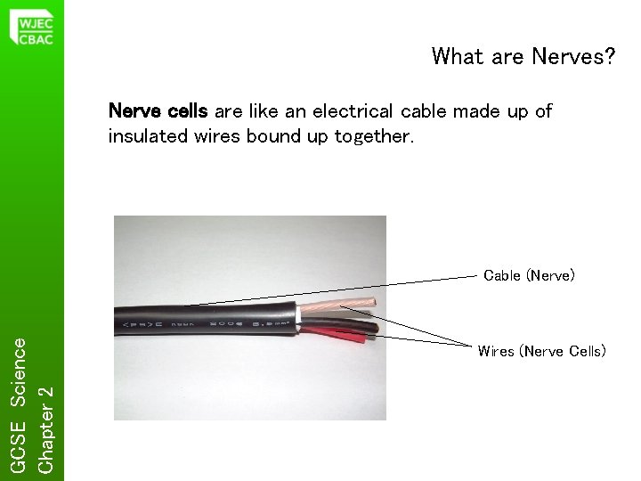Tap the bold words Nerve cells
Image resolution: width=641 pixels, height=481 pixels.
pyautogui.click(x=158, y=111)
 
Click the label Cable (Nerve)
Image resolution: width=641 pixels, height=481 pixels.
pyautogui.click(x=529, y=275)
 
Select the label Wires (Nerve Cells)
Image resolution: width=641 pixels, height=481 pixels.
pyautogui.click(x=541, y=351)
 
